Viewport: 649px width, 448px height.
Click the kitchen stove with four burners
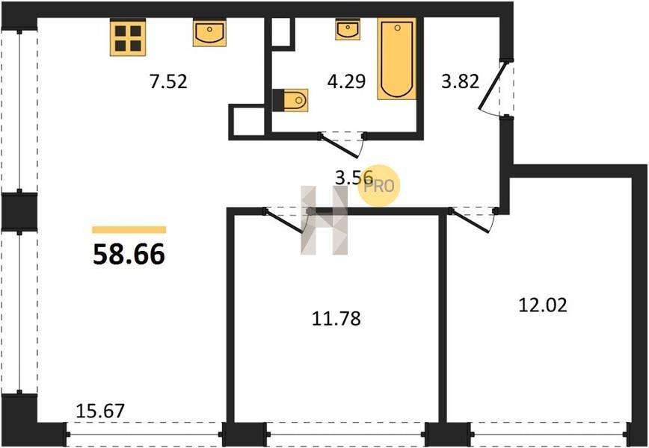tap(128, 37)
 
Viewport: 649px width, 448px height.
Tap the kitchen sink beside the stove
tap(209, 33)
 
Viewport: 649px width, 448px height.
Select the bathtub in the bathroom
tap(396, 59)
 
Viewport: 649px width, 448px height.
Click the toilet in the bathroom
tap(291, 100)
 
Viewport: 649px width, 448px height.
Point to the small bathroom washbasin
tap(347, 29)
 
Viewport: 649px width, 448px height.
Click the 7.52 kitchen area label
tap(168, 81)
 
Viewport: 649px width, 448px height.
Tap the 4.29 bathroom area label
tap(346, 81)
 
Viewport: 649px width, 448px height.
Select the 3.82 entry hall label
tap(461, 81)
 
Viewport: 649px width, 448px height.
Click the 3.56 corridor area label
tap(354, 178)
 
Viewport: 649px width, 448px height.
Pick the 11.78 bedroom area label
tap(336, 319)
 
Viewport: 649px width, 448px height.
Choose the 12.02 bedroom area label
tap(543, 305)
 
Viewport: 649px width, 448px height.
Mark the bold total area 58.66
tap(129, 254)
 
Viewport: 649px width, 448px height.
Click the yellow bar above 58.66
tap(129, 230)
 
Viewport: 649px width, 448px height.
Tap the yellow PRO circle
tap(379, 186)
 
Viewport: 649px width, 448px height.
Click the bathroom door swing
tap(339, 146)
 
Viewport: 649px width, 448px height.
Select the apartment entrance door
tap(493, 86)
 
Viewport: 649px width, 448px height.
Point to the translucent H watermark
tap(324, 220)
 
